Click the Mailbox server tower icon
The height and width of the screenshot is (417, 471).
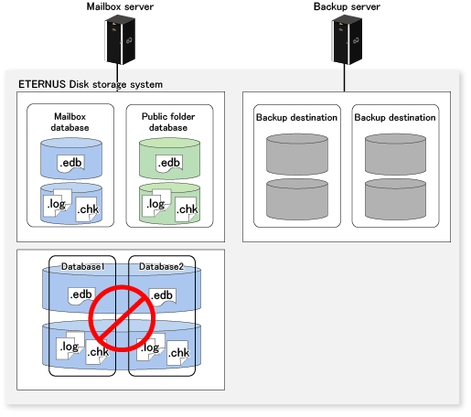click(120, 39)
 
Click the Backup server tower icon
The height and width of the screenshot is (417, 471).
click(347, 39)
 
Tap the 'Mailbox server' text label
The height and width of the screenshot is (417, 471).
click(120, 6)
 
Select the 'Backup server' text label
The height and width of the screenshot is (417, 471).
click(347, 6)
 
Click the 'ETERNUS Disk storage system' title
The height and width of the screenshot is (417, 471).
click(91, 84)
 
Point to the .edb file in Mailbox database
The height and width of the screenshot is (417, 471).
click(70, 163)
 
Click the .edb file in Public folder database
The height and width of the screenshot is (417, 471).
click(169, 163)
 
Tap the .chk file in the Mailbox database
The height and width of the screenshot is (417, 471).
click(88, 209)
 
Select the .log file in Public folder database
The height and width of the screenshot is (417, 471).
click(156, 203)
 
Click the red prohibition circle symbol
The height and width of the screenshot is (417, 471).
click(122, 318)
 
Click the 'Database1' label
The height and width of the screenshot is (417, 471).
click(83, 267)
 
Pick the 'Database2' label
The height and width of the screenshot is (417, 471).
click(161, 267)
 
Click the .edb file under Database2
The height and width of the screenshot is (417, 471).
click(162, 296)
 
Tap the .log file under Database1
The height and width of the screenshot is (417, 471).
click(70, 346)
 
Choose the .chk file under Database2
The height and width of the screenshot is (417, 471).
click(178, 353)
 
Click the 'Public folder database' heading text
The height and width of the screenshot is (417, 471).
click(168, 122)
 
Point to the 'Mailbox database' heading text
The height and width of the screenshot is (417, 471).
click(70, 122)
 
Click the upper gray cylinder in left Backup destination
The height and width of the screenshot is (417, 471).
click(297, 155)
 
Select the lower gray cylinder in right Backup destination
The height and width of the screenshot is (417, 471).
click(395, 199)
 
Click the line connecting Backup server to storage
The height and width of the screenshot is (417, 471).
click(345, 78)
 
